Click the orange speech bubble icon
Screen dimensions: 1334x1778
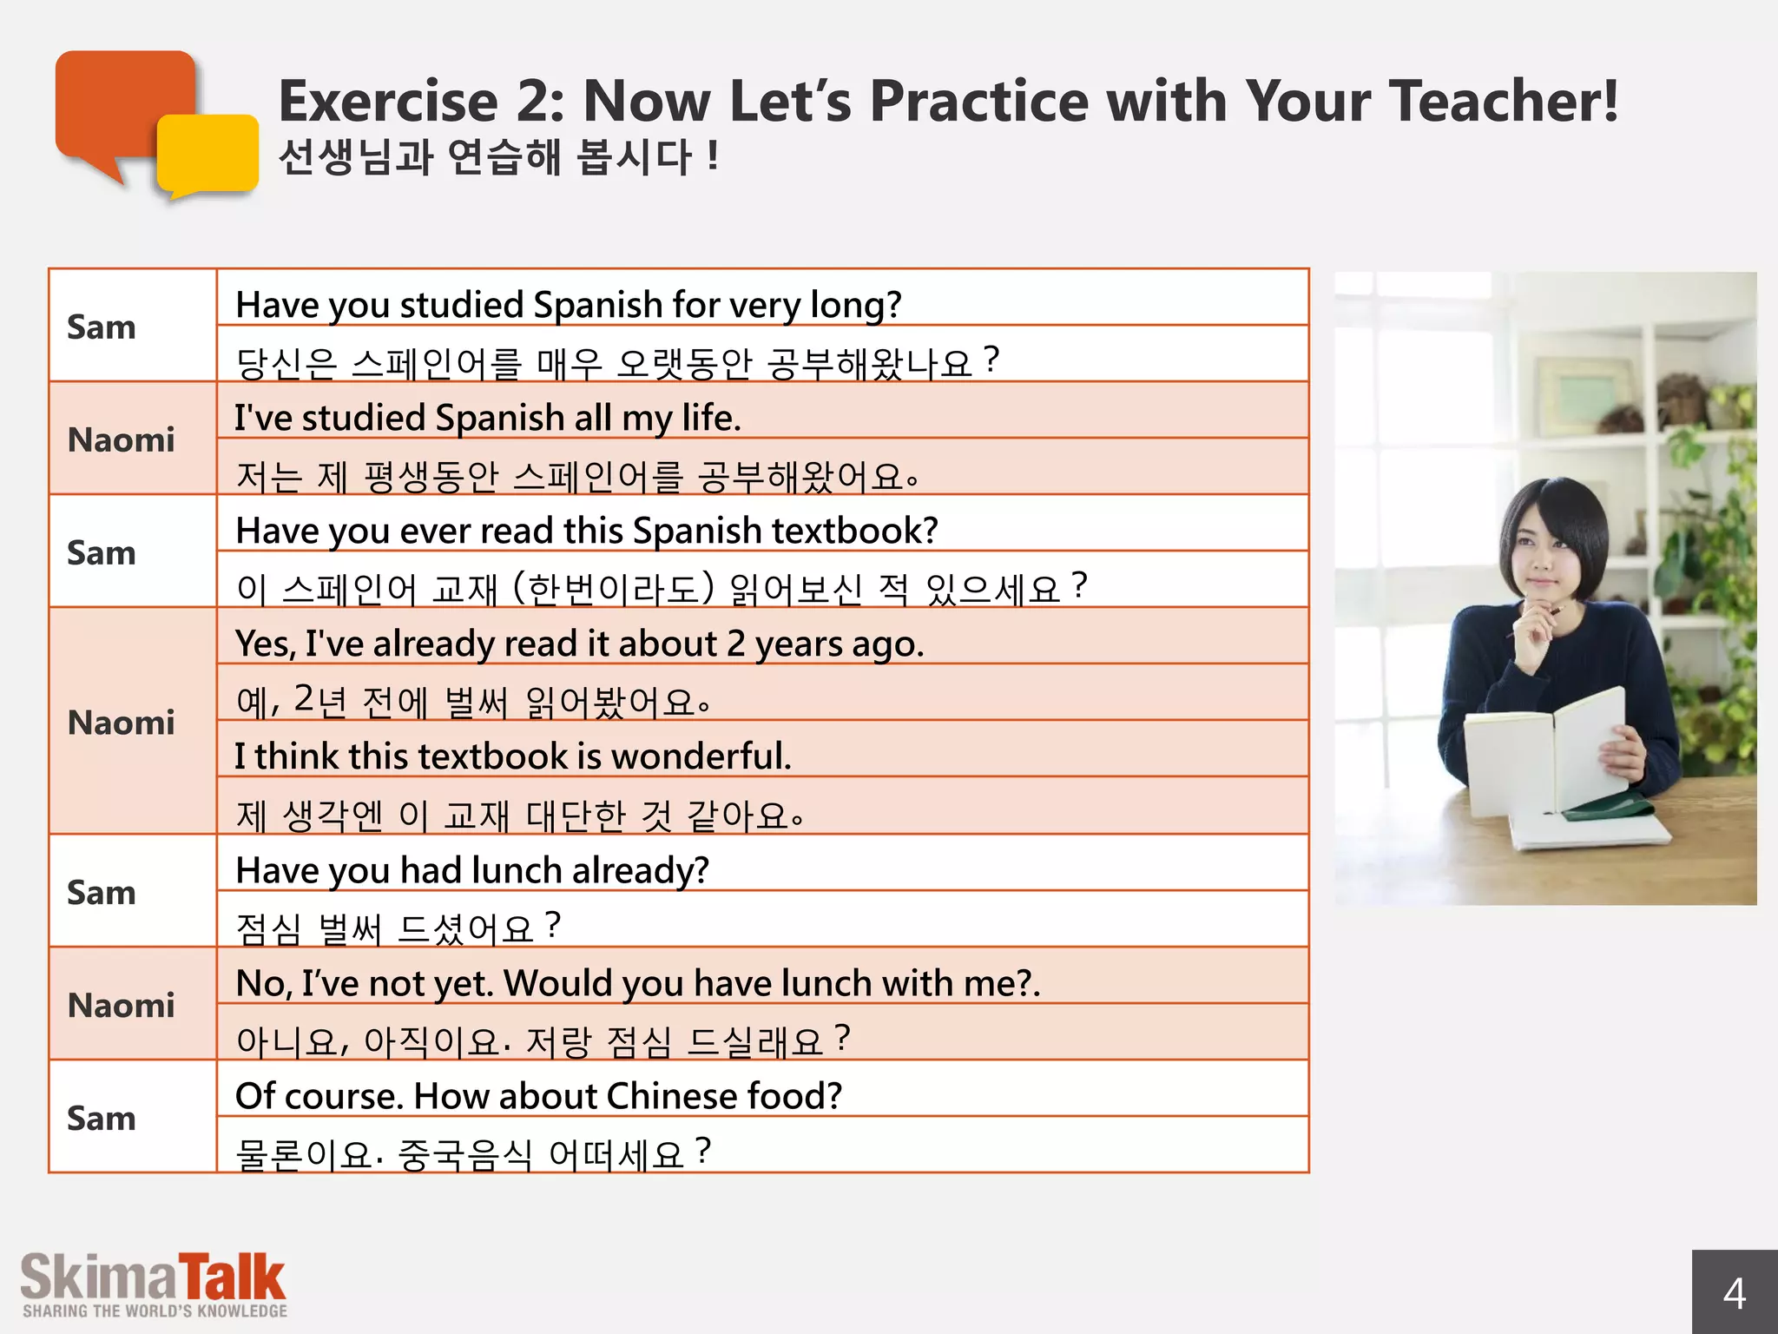122,104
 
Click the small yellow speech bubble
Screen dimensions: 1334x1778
208,155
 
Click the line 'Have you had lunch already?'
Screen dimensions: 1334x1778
472,870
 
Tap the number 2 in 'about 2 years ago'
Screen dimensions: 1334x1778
736,644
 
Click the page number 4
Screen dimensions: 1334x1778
1734,1293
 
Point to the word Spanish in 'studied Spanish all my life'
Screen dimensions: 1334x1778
493,419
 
